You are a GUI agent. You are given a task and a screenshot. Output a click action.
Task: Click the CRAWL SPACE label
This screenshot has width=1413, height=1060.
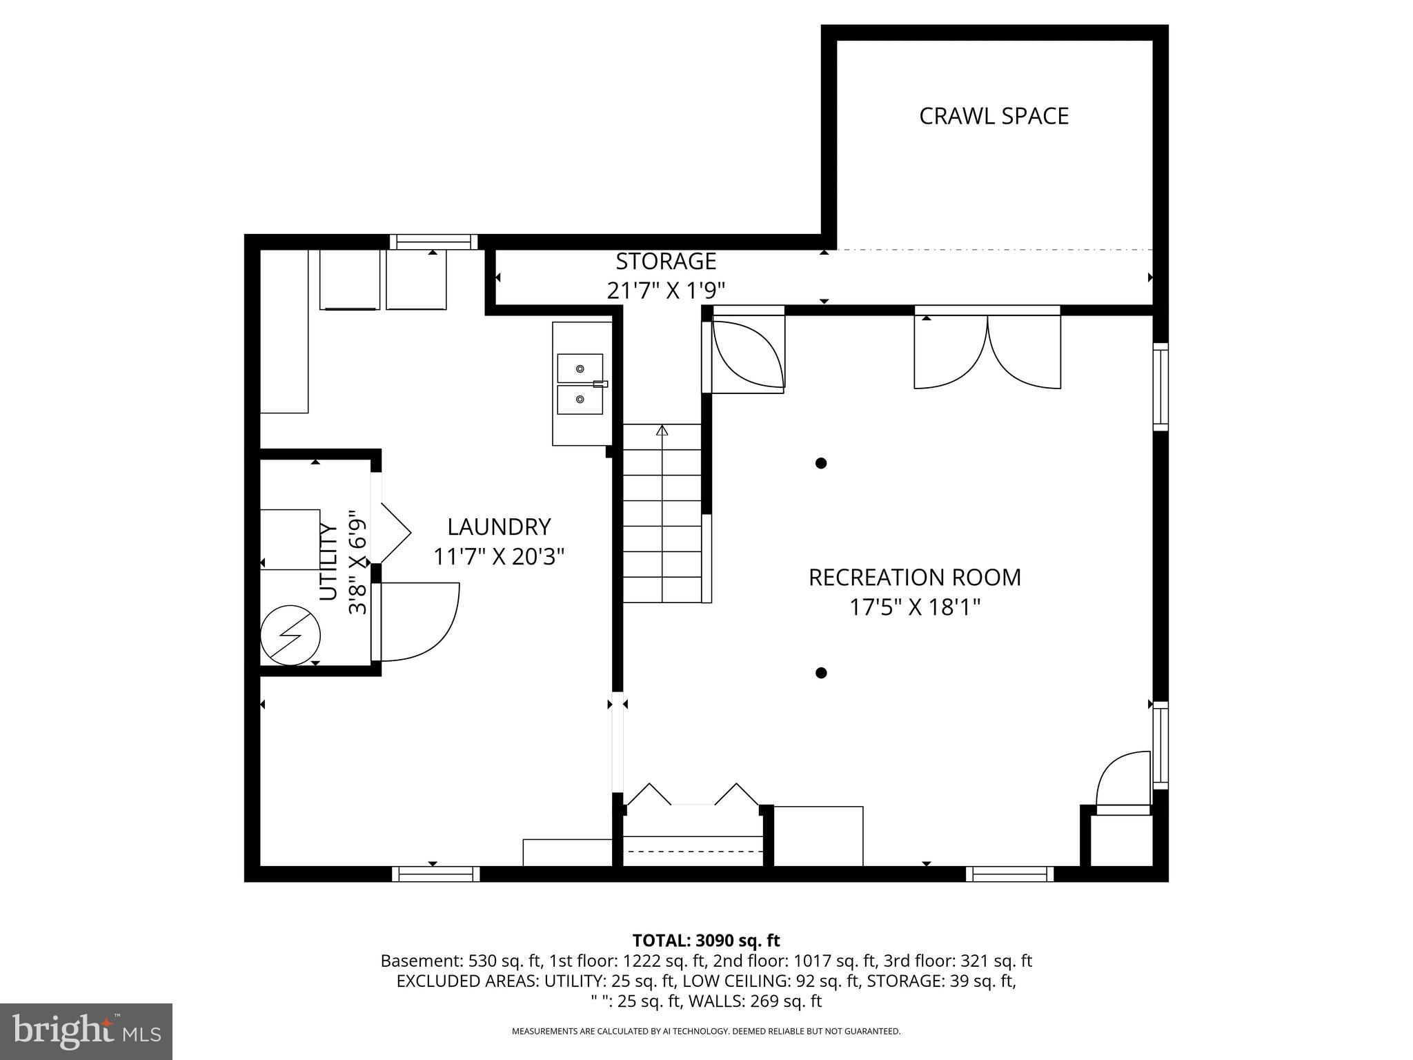(x=994, y=116)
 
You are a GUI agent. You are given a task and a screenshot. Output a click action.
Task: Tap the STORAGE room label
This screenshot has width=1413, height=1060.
(x=666, y=262)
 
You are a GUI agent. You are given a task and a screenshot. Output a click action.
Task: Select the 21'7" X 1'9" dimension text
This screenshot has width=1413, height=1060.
(x=666, y=291)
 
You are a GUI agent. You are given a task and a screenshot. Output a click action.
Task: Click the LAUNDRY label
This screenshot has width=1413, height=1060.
(x=499, y=527)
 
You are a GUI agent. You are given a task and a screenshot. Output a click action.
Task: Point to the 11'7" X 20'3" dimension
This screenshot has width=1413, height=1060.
(x=499, y=556)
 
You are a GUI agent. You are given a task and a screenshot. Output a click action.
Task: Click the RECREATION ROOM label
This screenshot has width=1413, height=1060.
(x=914, y=578)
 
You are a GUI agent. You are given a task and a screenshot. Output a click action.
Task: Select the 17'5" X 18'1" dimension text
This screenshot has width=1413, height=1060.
(x=914, y=607)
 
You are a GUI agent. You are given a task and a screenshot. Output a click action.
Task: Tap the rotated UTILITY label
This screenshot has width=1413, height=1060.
(x=329, y=562)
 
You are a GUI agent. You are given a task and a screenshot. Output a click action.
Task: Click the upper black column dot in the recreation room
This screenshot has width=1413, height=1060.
(x=821, y=463)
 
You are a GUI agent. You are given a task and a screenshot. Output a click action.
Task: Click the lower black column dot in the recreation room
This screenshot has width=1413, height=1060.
(x=821, y=673)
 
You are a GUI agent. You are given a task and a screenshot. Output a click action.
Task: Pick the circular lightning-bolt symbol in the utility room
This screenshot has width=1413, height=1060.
(x=290, y=636)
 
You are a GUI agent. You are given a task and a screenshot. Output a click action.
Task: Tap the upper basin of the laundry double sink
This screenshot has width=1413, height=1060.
(x=580, y=369)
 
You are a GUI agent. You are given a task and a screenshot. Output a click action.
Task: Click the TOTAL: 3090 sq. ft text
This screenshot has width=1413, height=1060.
(x=706, y=941)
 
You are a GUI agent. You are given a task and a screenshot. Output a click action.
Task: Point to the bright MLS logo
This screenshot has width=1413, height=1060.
(x=86, y=1031)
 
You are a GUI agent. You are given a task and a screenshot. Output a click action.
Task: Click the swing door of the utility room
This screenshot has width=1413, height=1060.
(x=417, y=621)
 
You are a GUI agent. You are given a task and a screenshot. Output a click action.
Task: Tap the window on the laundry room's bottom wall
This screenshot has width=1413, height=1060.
(x=436, y=874)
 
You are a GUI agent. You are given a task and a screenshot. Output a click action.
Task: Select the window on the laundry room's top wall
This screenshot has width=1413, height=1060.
(x=433, y=242)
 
